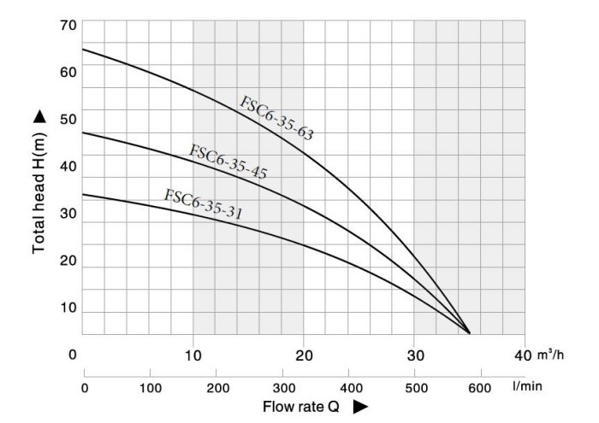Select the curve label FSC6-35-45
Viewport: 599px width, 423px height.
228,162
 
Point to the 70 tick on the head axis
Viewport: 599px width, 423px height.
68,25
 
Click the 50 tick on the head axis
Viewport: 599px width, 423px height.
68,119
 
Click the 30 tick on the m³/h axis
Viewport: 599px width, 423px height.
414,354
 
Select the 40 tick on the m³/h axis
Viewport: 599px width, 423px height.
523,354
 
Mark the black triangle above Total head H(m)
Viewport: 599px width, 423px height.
39,116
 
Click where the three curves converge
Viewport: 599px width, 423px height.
469,332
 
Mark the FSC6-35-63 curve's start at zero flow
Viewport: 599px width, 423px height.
83,49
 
